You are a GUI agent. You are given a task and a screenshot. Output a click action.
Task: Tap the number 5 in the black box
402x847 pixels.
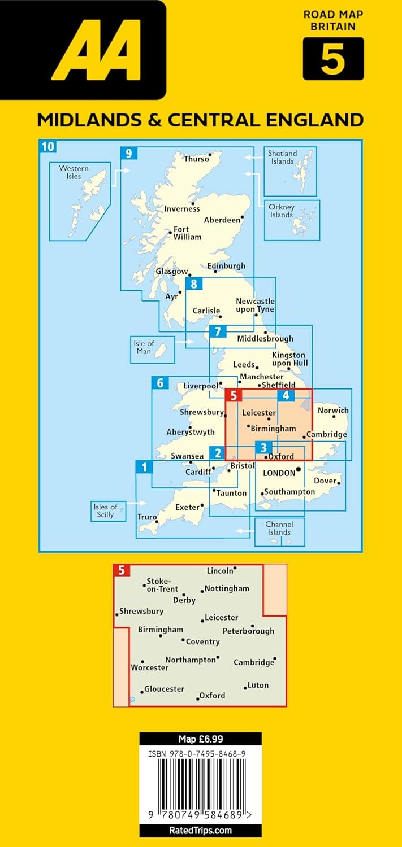click(332, 59)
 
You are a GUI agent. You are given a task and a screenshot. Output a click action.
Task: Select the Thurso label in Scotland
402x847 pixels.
click(196, 159)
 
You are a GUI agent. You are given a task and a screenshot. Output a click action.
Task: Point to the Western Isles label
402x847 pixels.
click(74, 172)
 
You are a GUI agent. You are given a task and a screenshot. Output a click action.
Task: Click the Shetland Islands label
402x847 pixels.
click(282, 157)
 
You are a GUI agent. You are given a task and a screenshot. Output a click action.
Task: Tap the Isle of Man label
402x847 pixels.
click(144, 347)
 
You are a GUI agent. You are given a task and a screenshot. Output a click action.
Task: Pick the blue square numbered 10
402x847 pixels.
click(48, 147)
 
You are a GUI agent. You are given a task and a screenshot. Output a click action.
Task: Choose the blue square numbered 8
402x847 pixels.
click(194, 285)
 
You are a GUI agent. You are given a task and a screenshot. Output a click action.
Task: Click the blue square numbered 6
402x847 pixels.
click(160, 383)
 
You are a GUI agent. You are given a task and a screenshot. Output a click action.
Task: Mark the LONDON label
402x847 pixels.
click(279, 473)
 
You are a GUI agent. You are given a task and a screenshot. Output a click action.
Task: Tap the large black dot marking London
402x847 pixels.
click(299, 469)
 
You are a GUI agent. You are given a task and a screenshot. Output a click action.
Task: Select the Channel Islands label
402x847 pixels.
click(279, 528)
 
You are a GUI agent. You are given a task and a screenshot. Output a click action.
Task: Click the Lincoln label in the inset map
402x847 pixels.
click(220, 571)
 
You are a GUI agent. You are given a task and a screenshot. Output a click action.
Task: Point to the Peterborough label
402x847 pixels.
click(248, 631)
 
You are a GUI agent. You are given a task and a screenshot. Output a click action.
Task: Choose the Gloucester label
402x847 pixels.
click(164, 689)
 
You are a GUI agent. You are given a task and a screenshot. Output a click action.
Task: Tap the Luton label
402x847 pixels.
click(258, 685)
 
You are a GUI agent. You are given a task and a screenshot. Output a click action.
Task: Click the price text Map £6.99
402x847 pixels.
click(200, 739)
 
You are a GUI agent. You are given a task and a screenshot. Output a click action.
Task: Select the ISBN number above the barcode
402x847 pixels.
click(200, 753)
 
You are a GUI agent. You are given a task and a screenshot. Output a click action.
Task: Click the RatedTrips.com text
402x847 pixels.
click(200, 830)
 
